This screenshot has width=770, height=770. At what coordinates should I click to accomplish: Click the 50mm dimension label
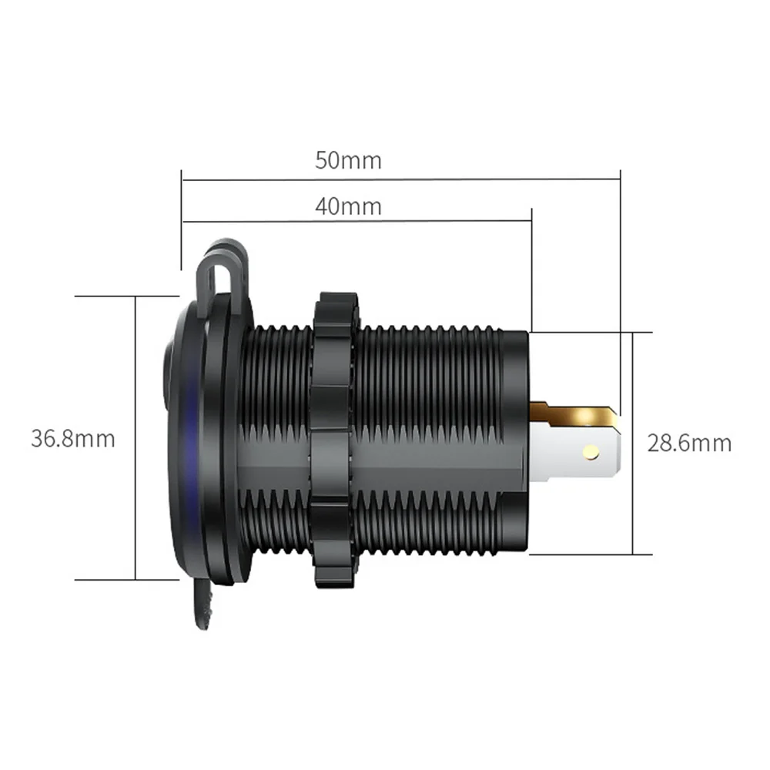click(x=348, y=160)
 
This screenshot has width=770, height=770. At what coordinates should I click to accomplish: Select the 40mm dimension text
click(x=348, y=206)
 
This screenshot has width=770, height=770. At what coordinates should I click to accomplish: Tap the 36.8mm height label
click(x=73, y=438)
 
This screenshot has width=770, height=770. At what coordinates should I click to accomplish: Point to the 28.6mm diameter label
click(x=688, y=444)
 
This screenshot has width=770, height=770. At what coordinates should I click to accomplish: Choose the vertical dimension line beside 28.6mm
click(x=632, y=444)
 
